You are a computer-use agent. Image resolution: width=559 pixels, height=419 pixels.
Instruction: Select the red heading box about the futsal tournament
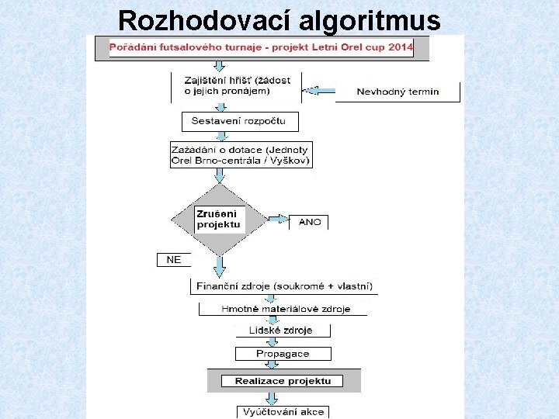click(x=261, y=48)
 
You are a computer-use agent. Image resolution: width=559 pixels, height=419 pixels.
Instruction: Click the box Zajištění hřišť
click(x=236, y=85)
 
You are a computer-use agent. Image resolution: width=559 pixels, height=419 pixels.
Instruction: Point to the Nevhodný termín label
click(x=398, y=92)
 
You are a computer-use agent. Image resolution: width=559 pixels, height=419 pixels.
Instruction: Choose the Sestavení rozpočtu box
click(x=239, y=121)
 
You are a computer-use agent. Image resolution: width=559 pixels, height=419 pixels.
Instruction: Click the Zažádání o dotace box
click(x=241, y=155)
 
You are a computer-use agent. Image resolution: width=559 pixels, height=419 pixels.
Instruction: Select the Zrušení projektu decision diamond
click(x=220, y=219)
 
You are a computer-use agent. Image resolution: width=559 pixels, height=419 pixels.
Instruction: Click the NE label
click(x=174, y=260)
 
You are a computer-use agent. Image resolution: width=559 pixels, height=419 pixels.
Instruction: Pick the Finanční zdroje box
click(x=284, y=286)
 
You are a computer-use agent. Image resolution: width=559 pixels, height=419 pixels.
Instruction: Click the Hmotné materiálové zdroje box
click(x=285, y=309)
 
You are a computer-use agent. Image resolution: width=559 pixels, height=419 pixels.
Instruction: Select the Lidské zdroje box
click(x=281, y=331)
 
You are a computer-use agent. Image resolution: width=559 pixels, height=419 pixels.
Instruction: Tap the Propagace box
click(x=283, y=354)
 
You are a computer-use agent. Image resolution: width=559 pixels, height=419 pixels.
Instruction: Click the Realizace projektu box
click(x=283, y=381)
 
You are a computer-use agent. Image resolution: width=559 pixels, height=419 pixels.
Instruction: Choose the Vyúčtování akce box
click(x=283, y=411)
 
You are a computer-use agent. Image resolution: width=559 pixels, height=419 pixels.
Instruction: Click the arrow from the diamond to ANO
click(x=276, y=217)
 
